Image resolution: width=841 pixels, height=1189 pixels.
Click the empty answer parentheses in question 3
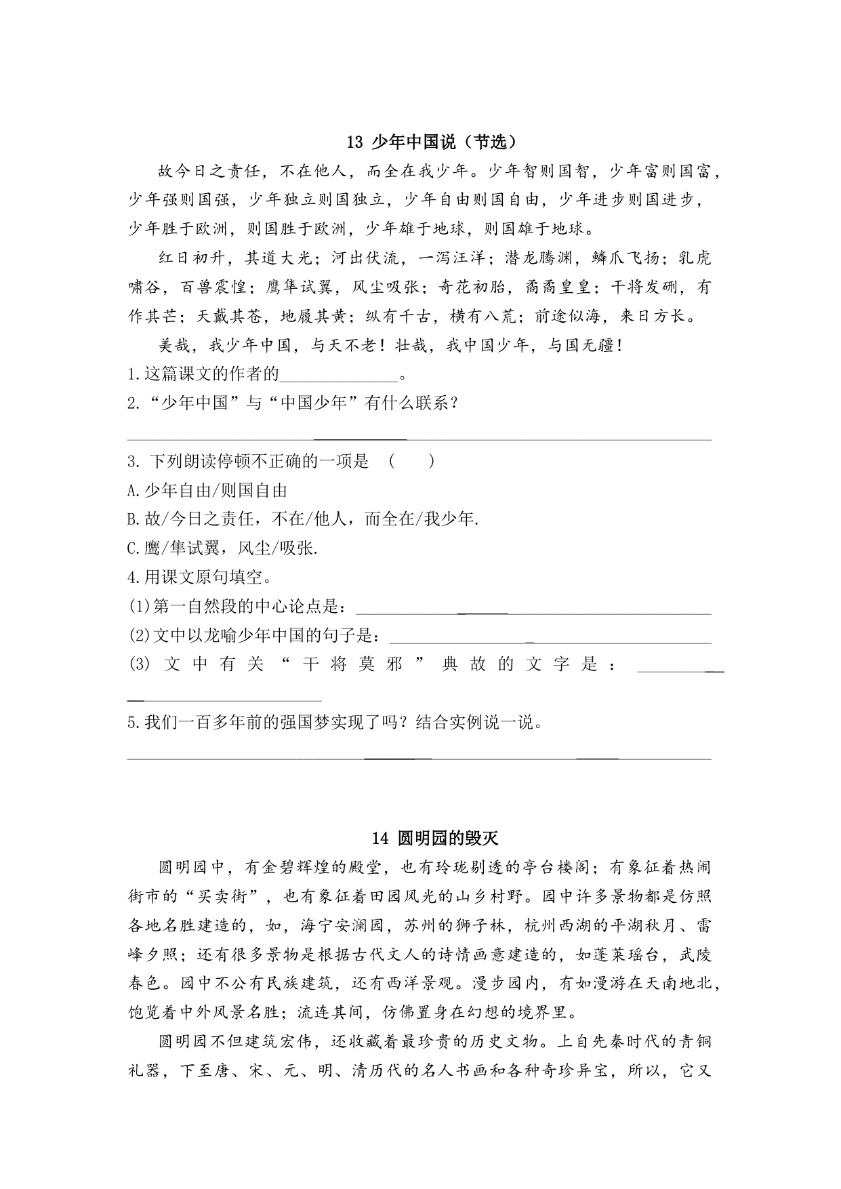(411, 462)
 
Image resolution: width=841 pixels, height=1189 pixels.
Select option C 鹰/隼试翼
(222, 548)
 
